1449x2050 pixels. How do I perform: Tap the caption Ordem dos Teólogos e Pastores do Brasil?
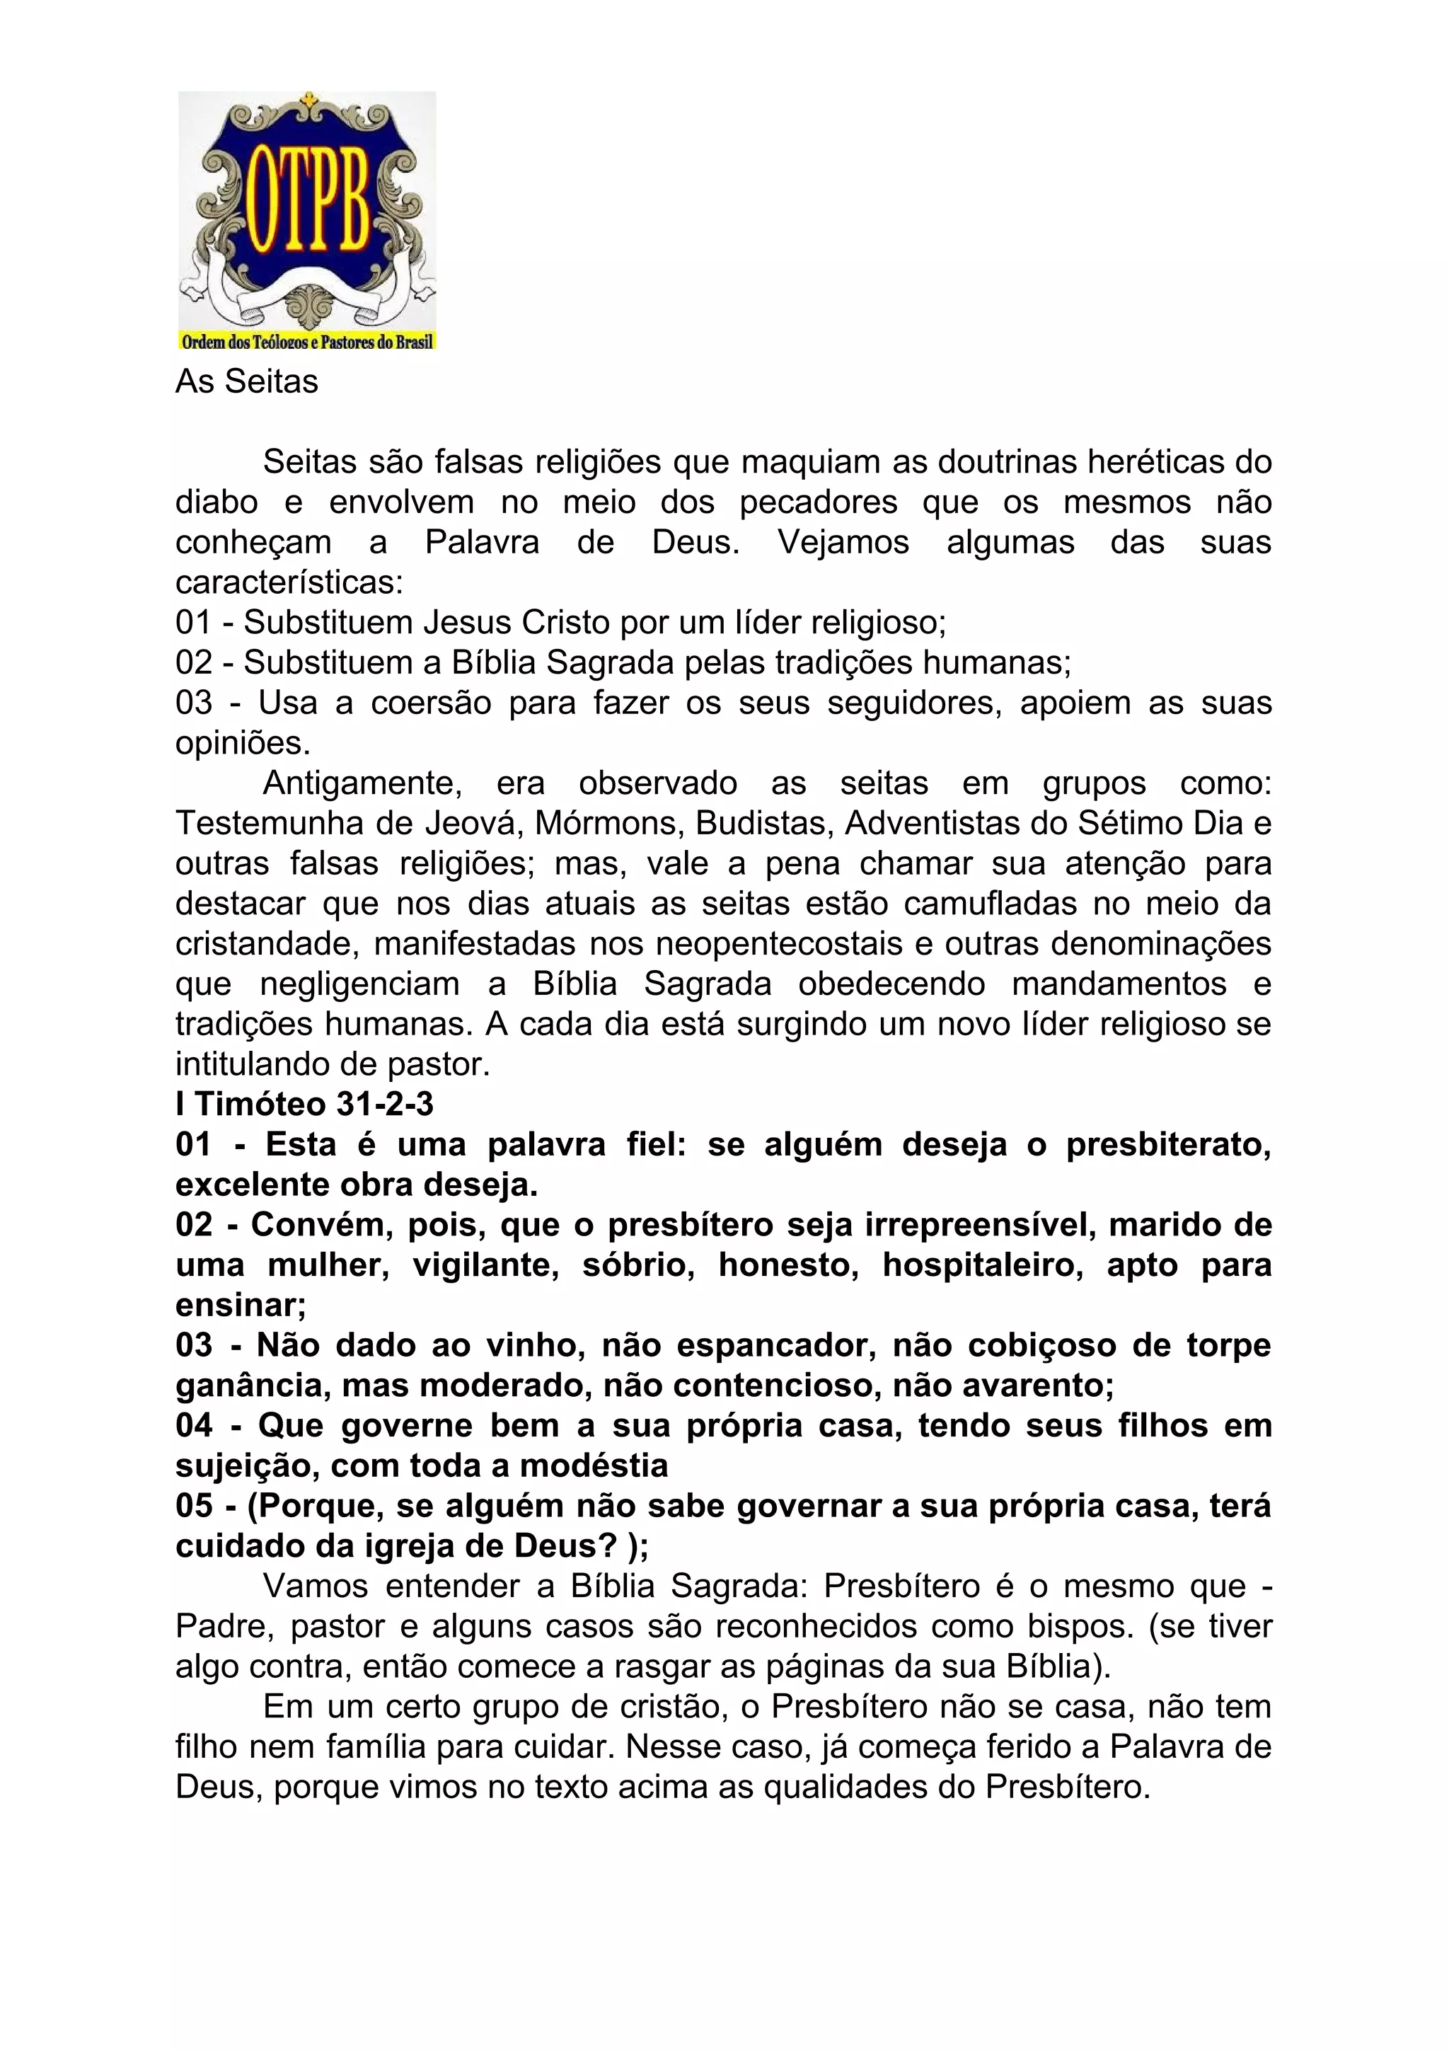point(307,342)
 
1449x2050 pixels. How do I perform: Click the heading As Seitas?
point(246,382)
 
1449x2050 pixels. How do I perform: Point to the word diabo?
point(216,502)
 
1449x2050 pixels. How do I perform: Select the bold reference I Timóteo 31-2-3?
point(304,1105)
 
